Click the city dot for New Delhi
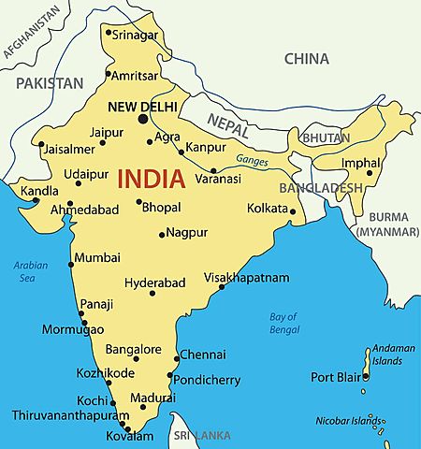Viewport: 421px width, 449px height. tap(143, 119)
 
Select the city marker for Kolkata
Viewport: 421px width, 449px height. tap(293, 210)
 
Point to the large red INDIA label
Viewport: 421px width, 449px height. tap(153, 178)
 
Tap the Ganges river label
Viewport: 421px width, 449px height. tap(252, 161)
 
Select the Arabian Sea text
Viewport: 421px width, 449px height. tap(30, 271)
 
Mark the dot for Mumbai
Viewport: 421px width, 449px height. tap(71, 264)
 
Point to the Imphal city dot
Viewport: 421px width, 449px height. tap(370, 172)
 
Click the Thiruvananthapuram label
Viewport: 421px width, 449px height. tap(70, 414)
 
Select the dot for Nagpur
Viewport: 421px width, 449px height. tap(162, 234)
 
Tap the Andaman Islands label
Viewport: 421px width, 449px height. tap(393, 354)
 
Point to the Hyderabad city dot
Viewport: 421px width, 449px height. tap(152, 294)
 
